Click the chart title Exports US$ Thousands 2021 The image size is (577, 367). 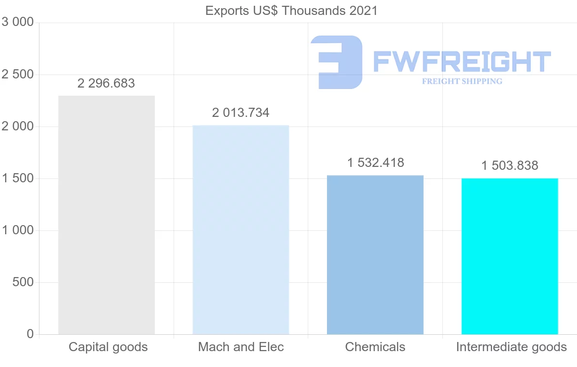tap(291, 11)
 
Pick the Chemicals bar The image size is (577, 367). tap(375, 254)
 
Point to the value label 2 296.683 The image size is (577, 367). tap(106, 83)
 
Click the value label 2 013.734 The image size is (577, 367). tap(240, 113)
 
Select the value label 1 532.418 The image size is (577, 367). tap(376, 163)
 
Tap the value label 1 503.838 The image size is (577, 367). tap(510, 165)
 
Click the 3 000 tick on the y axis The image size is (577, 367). tap(18, 23)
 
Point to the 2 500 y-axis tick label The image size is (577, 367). tap(18, 75)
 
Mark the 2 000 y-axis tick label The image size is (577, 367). tap(18, 127)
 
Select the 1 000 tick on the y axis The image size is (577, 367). tap(18, 230)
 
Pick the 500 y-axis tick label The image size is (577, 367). tap(23, 282)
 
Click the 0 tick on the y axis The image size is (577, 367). tap(30, 334)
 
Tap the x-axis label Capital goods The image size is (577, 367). tap(108, 347)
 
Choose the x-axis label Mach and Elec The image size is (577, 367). tap(241, 347)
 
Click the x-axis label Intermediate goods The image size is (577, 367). tap(511, 347)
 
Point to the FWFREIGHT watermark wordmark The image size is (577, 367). tap(462, 62)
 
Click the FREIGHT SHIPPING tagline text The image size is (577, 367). tap(462, 81)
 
